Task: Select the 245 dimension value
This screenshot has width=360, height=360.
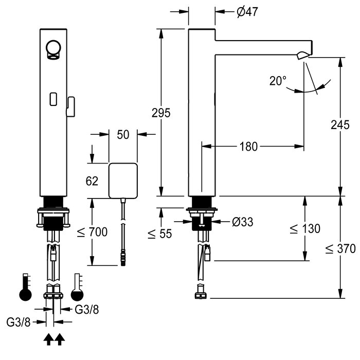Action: click(340, 125)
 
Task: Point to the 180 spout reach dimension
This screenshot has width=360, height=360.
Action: click(248, 147)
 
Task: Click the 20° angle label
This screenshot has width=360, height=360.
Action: click(278, 81)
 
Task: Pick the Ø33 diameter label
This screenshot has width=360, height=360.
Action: click(242, 222)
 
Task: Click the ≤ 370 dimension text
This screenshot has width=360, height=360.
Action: click(340, 249)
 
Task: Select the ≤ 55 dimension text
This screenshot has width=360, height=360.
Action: click(159, 234)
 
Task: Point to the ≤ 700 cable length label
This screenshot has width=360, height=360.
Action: click(93, 232)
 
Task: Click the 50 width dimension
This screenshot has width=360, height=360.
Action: click(123, 135)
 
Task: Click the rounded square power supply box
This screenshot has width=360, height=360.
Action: click(123, 181)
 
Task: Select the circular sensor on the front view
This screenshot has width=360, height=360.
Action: click(53, 48)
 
